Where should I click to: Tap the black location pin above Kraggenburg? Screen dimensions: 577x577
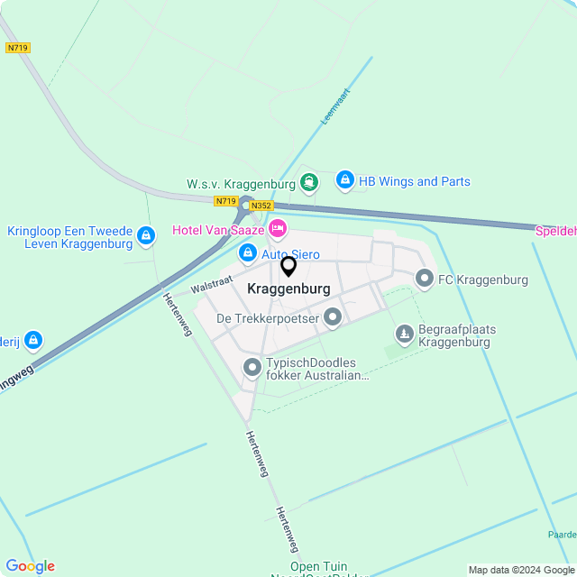(x=288, y=267)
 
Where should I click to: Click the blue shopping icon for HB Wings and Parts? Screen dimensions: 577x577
(x=344, y=181)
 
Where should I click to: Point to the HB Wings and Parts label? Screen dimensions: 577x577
(x=415, y=181)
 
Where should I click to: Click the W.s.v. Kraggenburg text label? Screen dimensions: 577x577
(x=241, y=184)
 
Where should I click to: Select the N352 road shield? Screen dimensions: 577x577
(x=261, y=206)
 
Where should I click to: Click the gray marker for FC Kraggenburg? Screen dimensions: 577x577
(x=424, y=279)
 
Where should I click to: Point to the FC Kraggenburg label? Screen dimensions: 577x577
(x=483, y=279)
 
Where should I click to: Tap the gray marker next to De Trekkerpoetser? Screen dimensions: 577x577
(x=333, y=317)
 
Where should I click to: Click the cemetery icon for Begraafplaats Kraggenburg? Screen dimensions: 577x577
(x=405, y=335)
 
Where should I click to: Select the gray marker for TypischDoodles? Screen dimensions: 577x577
(x=252, y=367)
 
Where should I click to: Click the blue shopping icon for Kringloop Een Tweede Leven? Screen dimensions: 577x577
(x=146, y=237)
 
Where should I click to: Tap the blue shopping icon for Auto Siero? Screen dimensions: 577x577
(x=248, y=254)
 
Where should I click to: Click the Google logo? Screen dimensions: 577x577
(x=30, y=566)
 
